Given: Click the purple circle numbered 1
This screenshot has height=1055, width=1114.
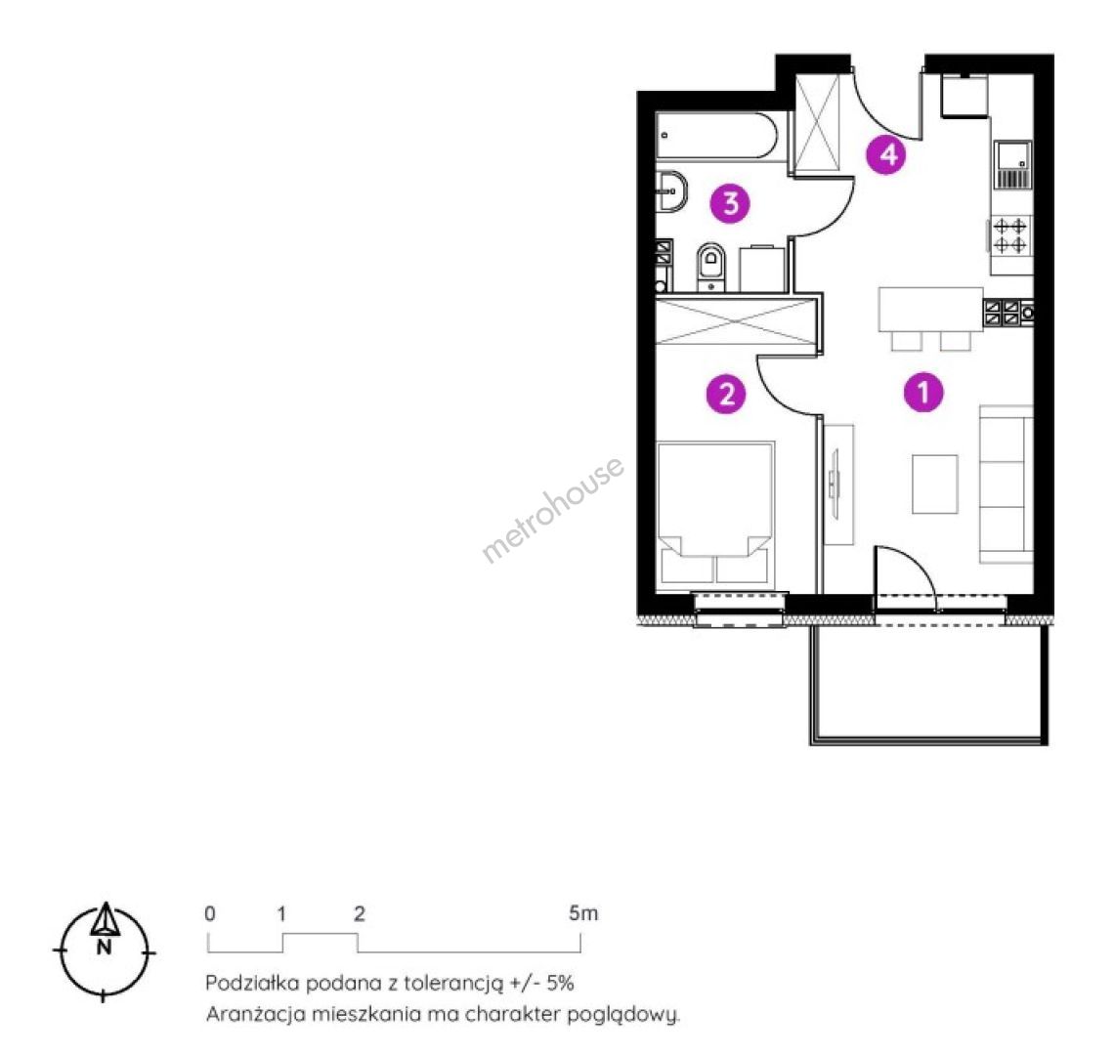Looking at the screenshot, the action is click(923, 392).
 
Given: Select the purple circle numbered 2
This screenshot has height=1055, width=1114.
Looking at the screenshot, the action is click(726, 393).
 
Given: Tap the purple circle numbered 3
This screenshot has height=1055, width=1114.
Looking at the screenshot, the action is click(730, 203).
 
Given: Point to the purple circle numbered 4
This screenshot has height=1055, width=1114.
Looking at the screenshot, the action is click(886, 154).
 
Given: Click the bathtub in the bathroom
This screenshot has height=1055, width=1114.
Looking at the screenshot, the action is click(716, 135).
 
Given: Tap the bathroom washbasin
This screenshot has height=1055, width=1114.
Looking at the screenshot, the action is click(671, 190).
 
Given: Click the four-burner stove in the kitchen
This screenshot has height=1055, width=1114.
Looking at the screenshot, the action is click(1009, 235).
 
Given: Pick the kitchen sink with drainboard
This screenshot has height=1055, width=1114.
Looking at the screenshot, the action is click(1012, 165).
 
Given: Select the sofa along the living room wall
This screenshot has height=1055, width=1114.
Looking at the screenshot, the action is click(1006, 485).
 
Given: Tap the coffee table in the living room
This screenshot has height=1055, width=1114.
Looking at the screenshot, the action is click(935, 484).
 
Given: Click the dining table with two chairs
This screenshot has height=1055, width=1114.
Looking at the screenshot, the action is click(930, 318).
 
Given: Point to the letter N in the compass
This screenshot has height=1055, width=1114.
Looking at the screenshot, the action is click(105, 947).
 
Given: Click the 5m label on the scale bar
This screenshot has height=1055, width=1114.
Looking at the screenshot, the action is click(583, 913).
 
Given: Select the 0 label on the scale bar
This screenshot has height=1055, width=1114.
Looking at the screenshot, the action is click(209, 913).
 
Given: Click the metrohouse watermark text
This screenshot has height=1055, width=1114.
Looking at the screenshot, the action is click(553, 509).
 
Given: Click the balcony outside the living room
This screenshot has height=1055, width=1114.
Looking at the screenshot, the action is click(928, 684).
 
